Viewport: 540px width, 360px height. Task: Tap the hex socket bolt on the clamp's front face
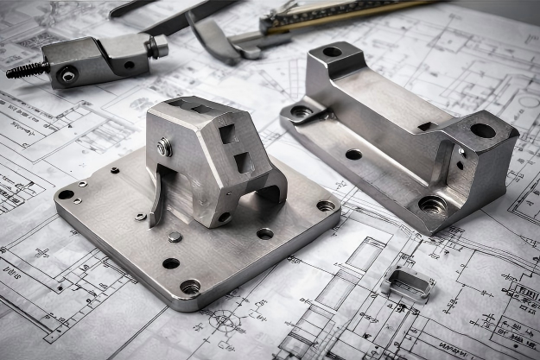(67, 77)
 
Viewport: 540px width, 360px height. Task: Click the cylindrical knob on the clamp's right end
(158, 47)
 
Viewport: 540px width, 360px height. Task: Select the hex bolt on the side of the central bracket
(163, 148)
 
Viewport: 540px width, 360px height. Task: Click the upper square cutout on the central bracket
(227, 134)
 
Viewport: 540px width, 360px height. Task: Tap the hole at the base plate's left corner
(66, 195)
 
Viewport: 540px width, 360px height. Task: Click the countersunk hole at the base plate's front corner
(190, 286)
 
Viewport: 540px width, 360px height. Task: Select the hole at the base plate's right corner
(325, 205)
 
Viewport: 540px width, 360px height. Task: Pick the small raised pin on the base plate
(175, 237)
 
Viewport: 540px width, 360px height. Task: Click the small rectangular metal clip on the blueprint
(406, 283)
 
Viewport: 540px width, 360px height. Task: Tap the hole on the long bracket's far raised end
(332, 52)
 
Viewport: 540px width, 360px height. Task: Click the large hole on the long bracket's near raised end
(482, 130)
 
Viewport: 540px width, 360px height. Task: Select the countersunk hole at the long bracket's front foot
(431, 205)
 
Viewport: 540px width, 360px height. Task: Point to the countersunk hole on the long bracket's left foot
(301, 111)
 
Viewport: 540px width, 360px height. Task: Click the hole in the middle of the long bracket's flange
(353, 155)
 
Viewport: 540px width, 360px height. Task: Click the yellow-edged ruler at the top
(363, 13)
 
